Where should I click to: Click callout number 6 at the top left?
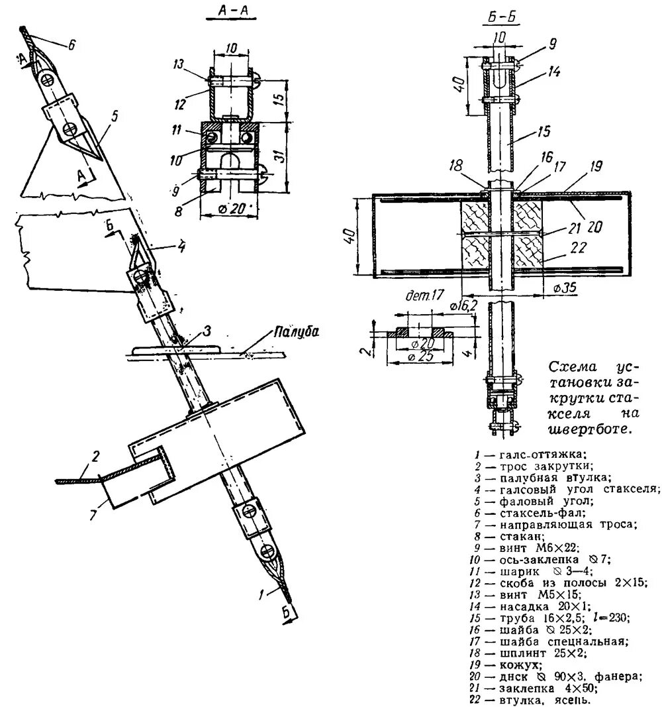coord(71,45)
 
